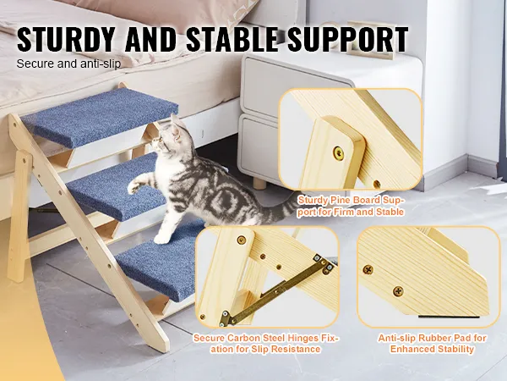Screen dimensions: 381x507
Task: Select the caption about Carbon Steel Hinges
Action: tap(267, 343)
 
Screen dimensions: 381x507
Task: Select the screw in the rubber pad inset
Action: tap(368, 268)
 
